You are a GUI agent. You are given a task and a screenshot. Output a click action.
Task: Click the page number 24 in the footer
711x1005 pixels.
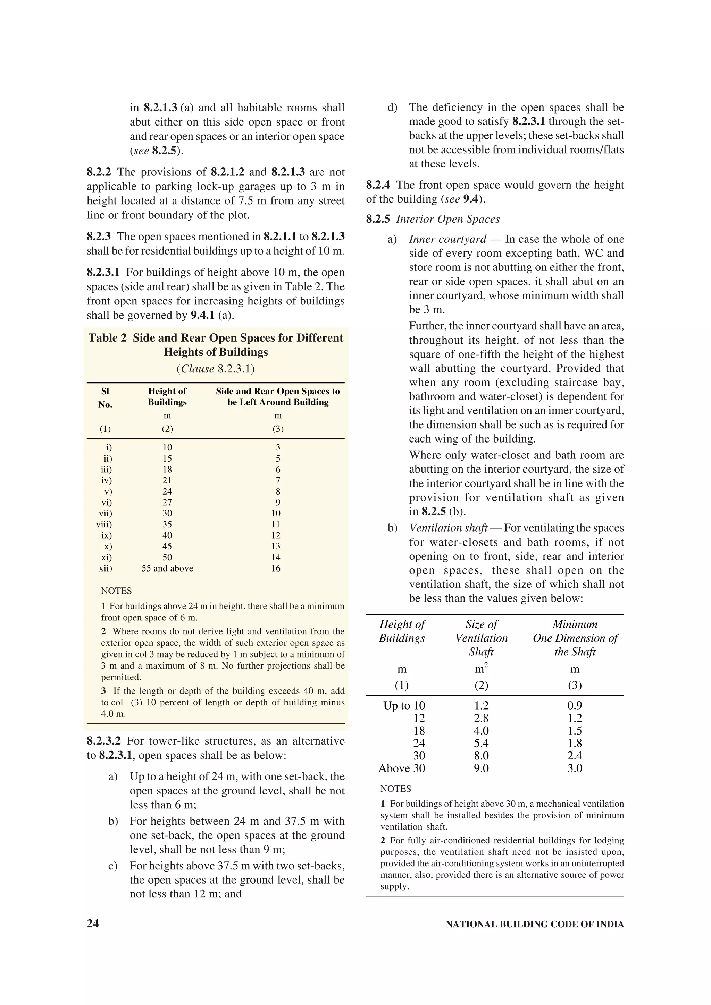pyautogui.click(x=93, y=924)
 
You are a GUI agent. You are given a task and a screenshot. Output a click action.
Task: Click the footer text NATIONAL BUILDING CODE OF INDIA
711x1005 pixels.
pyautogui.click(x=534, y=925)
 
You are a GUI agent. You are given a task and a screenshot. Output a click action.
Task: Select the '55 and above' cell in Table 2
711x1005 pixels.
pyautogui.click(x=167, y=568)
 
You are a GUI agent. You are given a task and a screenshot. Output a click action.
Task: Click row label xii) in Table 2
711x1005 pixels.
pyautogui.click(x=106, y=568)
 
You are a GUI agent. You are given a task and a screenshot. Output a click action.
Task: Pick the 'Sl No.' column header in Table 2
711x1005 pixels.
pyautogui.click(x=105, y=397)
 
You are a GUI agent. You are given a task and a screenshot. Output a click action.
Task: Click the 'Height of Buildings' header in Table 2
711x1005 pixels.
pyautogui.click(x=167, y=397)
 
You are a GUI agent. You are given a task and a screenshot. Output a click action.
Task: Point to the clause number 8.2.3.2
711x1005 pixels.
pyautogui.click(x=103, y=741)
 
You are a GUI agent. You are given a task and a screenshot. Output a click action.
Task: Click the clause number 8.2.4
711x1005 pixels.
pyautogui.click(x=378, y=185)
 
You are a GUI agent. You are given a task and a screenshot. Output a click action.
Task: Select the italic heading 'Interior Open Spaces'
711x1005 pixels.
pyautogui.click(x=448, y=219)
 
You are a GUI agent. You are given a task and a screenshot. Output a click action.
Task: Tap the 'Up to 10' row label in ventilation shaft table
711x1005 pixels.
pyautogui.click(x=404, y=706)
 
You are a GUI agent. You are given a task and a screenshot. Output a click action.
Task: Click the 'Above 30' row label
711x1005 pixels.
pyautogui.click(x=402, y=768)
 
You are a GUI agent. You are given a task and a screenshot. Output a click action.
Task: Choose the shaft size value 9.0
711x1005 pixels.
pyautogui.click(x=481, y=768)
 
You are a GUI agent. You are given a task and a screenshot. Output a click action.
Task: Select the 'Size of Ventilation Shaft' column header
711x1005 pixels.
pyautogui.click(x=481, y=638)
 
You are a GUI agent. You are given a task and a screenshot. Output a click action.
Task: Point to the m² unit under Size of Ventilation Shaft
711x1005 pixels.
pyautogui.click(x=481, y=669)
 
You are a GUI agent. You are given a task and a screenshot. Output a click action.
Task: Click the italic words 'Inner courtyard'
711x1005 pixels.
pyautogui.click(x=447, y=239)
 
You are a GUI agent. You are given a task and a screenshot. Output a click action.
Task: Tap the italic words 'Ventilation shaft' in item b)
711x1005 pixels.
pyautogui.click(x=448, y=528)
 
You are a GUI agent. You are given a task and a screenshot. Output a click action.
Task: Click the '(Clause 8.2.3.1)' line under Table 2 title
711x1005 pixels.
pyautogui.click(x=216, y=369)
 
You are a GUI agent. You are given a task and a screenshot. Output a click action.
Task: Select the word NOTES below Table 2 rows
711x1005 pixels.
pyautogui.click(x=116, y=591)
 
